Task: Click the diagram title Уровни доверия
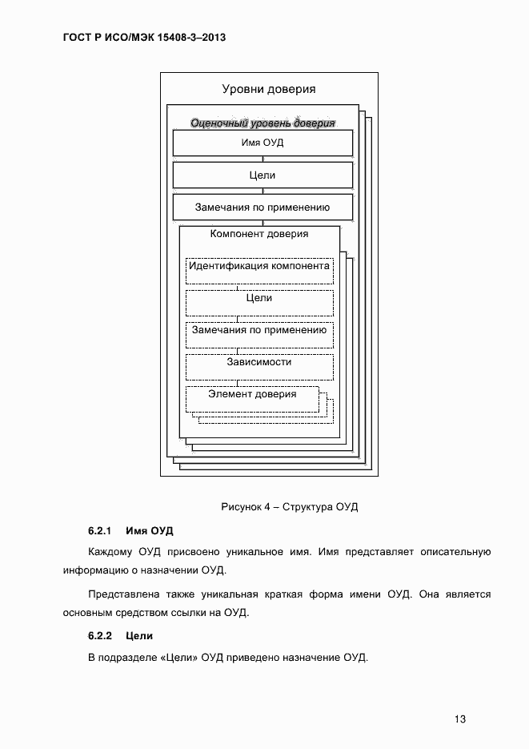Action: point(268,89)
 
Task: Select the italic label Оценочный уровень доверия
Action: point(262,123)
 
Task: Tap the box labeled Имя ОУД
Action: point(262,143)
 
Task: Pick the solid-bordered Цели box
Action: point(262,175)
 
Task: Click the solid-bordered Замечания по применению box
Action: point(262,207)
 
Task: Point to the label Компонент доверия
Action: point(258,234)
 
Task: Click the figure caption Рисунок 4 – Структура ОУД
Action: point(289,507)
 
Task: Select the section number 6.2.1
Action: point(98,531)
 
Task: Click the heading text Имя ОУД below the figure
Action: point(149,531)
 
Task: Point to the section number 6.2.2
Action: point(98,636)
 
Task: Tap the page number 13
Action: point(460,719)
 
